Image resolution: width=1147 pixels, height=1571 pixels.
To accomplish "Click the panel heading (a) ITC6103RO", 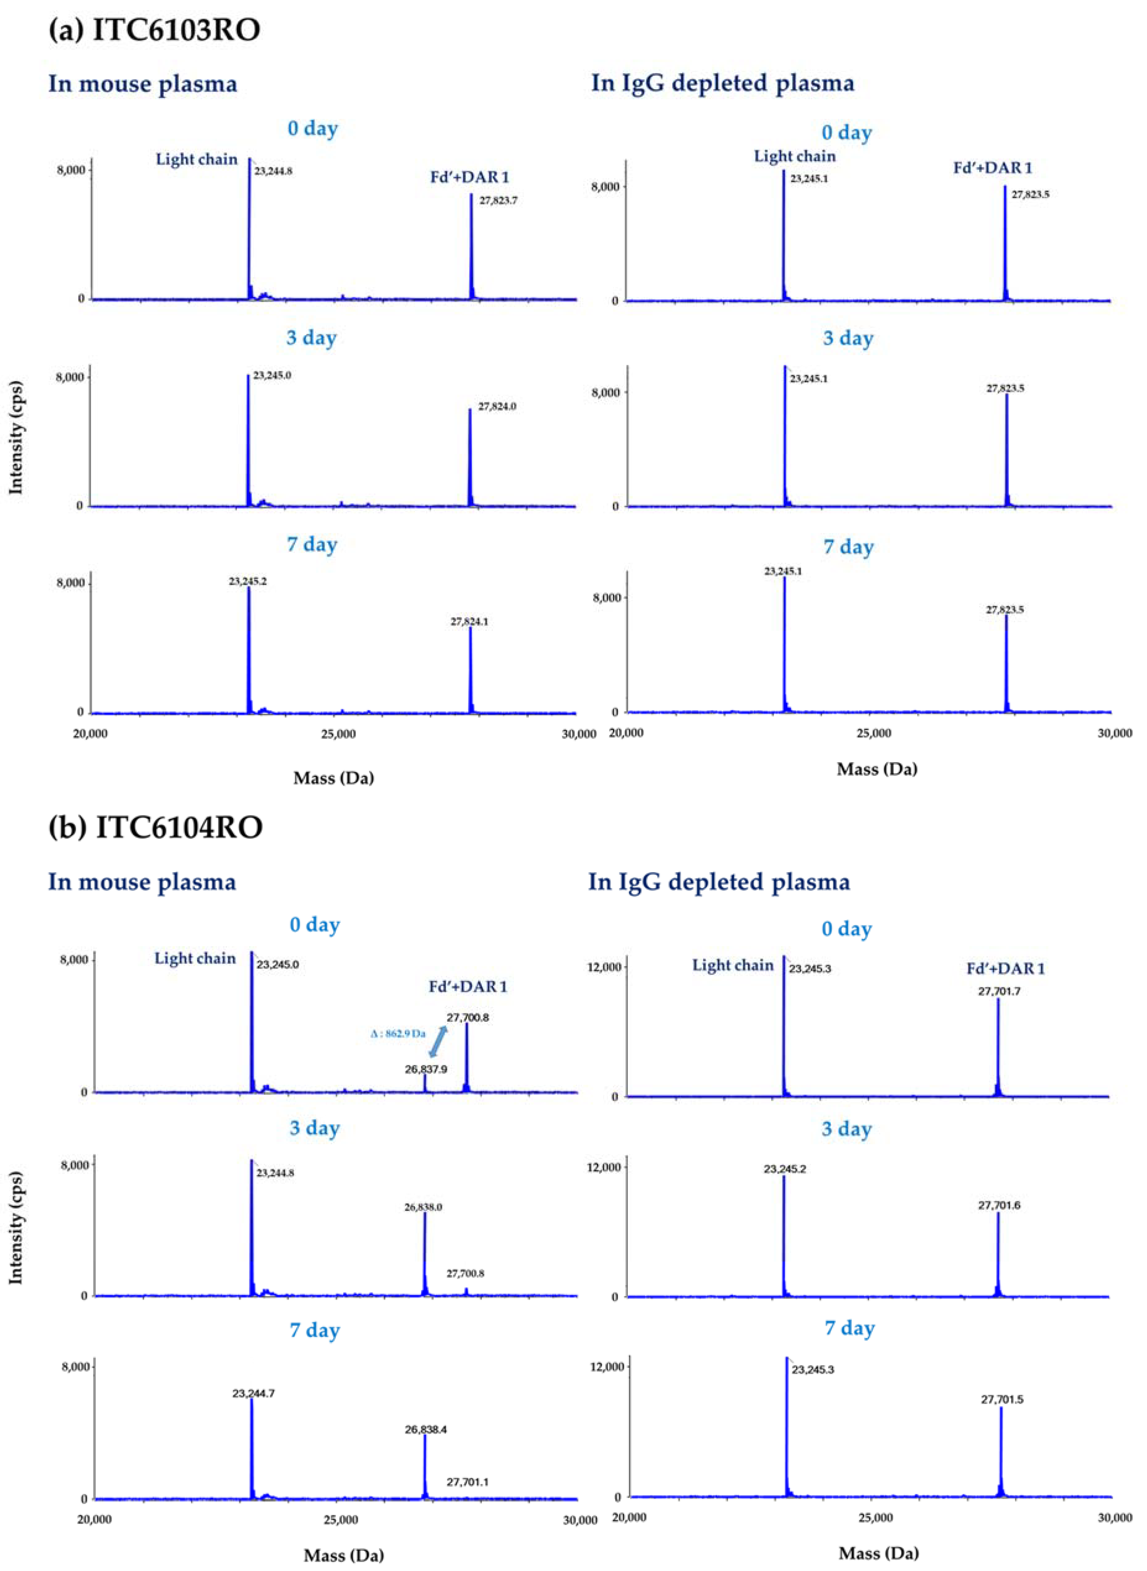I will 154,32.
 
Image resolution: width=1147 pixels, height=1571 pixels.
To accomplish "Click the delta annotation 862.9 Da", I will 398,1034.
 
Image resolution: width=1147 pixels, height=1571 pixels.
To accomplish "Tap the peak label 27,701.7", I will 999,991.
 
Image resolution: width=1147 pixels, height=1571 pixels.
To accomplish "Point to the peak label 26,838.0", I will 424,1207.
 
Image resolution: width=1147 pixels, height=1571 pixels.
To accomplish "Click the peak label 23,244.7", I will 253,1393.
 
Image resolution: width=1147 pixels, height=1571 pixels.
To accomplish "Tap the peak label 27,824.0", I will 497,407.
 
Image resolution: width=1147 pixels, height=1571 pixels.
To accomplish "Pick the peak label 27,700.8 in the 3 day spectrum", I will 465,1273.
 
